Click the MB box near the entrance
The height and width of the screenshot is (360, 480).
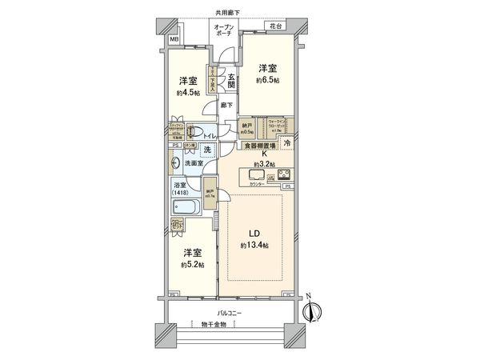click(174, 38)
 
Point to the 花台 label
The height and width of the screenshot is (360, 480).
click(275, 26)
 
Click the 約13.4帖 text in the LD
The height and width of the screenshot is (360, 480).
click(254, 246)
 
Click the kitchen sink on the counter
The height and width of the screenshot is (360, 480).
click(260, 174)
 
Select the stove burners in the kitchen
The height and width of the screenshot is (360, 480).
click(285, 174)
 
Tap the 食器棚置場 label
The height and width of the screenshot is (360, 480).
click(262, 146)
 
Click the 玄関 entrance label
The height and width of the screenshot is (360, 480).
click(230, 80)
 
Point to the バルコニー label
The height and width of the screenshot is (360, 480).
click(232, 313)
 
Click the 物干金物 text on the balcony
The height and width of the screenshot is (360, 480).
click(214, 325)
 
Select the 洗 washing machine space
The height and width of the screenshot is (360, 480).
click(206, 150)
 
